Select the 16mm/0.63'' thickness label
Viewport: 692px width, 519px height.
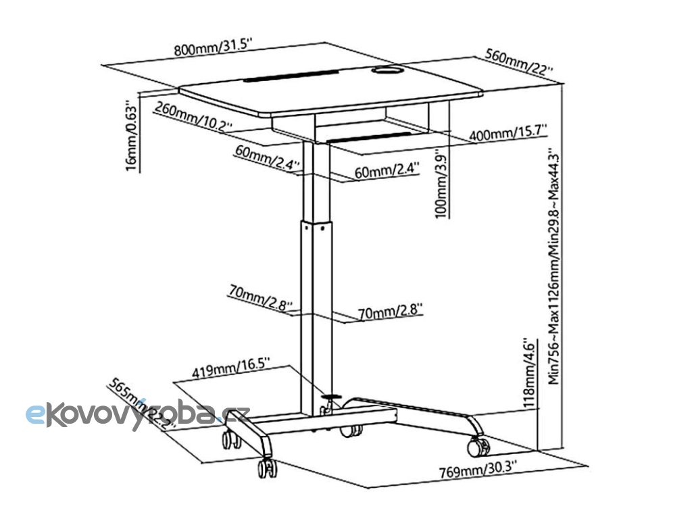(132, 138)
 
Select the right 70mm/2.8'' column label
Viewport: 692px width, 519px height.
(390, 312)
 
